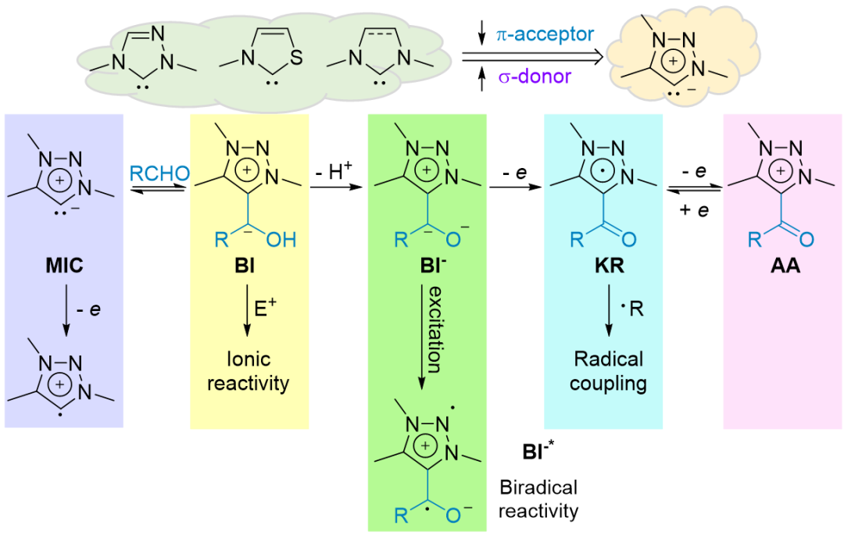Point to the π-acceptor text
(x=545, y=34)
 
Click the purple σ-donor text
(x=536, y=76)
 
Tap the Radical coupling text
(x=608, y=371)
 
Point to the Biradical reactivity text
(x=538, y=499)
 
